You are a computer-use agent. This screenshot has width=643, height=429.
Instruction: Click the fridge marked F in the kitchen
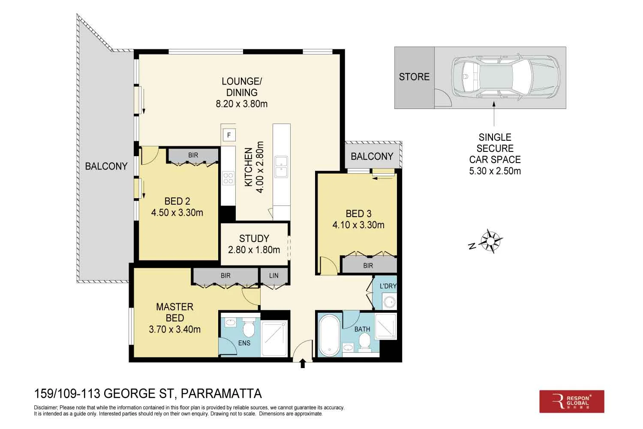229,135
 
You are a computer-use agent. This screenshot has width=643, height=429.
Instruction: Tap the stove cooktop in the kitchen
228,178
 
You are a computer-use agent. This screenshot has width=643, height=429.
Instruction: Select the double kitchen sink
281,167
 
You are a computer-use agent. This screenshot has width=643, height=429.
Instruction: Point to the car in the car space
506,77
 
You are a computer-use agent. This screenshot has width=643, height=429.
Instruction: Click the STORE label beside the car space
414,77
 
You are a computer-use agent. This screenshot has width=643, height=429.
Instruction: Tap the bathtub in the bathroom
329,336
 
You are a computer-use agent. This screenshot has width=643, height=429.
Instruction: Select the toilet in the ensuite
248,329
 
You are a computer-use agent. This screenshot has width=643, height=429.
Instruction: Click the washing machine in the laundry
389,302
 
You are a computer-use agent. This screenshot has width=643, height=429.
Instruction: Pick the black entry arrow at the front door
303,364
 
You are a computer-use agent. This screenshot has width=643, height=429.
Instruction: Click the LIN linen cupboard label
273,275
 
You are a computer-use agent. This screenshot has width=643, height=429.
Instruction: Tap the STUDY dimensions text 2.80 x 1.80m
254,250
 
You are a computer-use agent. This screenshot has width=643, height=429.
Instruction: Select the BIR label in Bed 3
368,266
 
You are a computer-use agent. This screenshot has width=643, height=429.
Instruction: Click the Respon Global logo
571,402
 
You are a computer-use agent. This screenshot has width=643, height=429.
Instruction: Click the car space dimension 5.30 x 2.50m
495,171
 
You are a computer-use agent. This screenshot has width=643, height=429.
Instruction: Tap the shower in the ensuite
274,338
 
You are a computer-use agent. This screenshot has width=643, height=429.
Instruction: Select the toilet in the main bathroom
364,342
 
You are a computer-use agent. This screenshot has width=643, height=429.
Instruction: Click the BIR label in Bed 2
193,155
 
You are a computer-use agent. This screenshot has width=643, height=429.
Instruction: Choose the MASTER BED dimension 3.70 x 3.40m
174,329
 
